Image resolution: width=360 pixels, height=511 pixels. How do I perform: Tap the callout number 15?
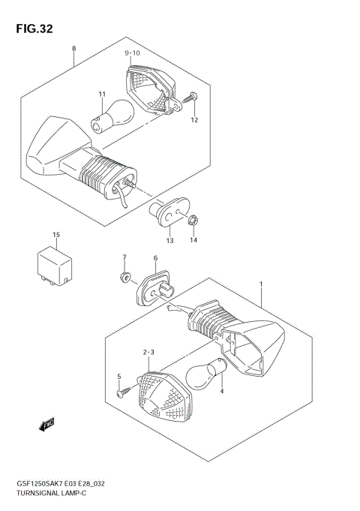click(x=55, y=235)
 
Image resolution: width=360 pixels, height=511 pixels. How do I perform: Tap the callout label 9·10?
click(x=132, y=53)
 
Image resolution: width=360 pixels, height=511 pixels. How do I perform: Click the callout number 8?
click(x=73, y=49)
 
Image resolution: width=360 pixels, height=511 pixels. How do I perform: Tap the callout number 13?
click(x=169, y=241)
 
